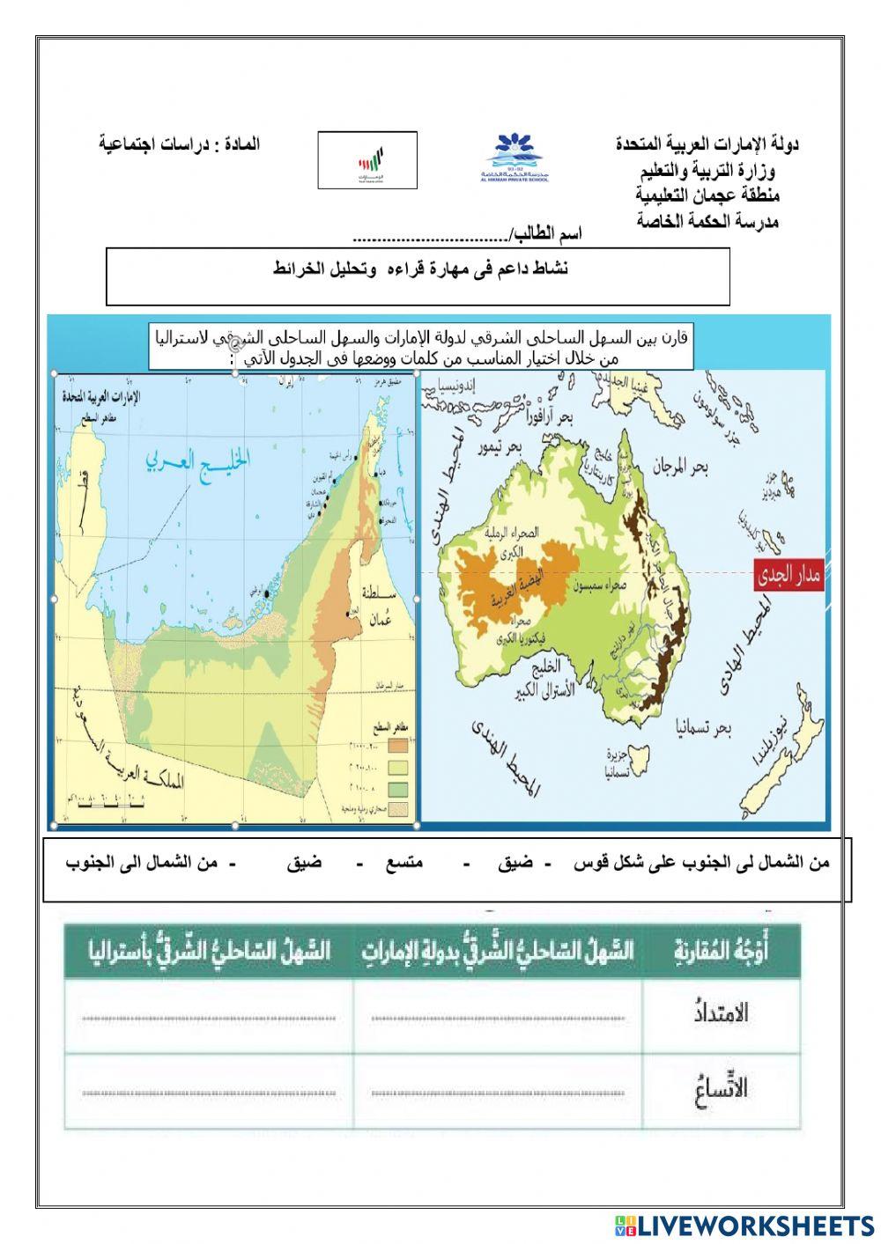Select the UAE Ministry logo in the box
point(366,160)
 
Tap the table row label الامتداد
point(721,1012)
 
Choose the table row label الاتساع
point(721,1088)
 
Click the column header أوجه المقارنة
point(721,951)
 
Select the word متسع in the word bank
point(403,863)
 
